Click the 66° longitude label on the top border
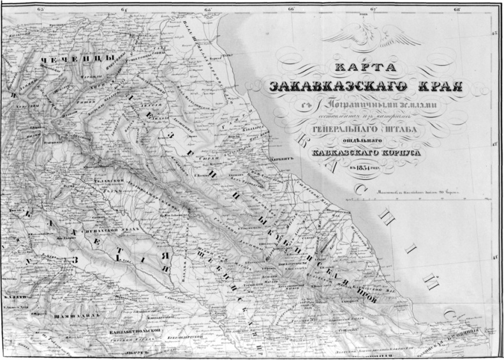point(292,8)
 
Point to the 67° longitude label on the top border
point(374,8)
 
